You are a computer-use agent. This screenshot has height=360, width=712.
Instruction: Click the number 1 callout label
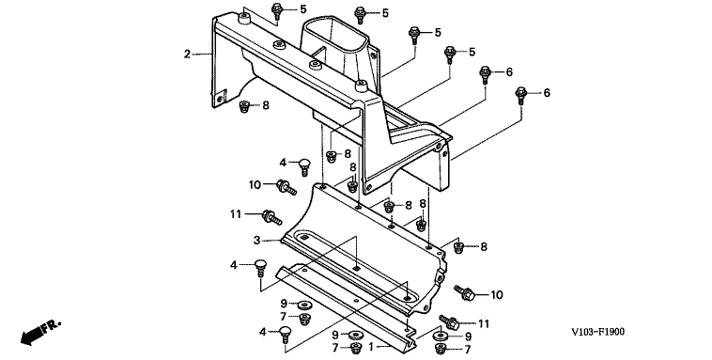(371, 347)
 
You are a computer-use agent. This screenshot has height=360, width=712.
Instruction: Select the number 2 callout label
(187, 55)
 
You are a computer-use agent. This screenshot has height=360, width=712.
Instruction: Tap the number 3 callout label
(257, 240)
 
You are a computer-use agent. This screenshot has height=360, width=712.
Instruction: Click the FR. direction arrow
(40, 333)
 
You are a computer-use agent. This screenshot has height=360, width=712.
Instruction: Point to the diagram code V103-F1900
(597, 332)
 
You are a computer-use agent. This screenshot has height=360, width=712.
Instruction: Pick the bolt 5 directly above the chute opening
(360, 14)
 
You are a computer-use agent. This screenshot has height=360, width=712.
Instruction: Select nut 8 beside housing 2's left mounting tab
(244, 106)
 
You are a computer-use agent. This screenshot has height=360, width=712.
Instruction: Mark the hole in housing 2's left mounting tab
(220, 98)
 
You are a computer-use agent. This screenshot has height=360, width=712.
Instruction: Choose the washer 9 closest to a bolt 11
(440, 337)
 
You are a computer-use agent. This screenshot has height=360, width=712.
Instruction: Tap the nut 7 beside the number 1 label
(356, 349)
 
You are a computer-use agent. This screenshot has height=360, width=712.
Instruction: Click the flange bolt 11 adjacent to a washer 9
(449, 322)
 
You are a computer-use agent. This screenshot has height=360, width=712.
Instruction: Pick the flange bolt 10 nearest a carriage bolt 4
(286, 186)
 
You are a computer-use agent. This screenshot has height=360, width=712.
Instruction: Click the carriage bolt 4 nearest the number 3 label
(260, 267)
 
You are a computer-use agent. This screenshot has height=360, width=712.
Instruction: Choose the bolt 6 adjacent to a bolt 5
(485, 74)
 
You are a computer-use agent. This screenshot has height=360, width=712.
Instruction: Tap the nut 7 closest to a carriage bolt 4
(305, 319)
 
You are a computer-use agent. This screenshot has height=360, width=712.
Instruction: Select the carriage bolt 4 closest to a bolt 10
(303, 166)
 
